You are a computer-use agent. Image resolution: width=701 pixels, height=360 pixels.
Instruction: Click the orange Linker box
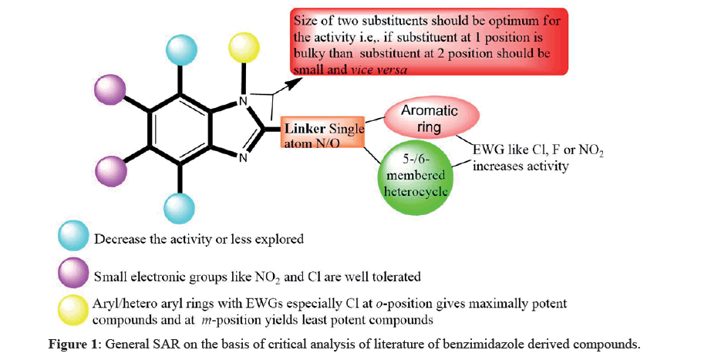pos(322,136)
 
